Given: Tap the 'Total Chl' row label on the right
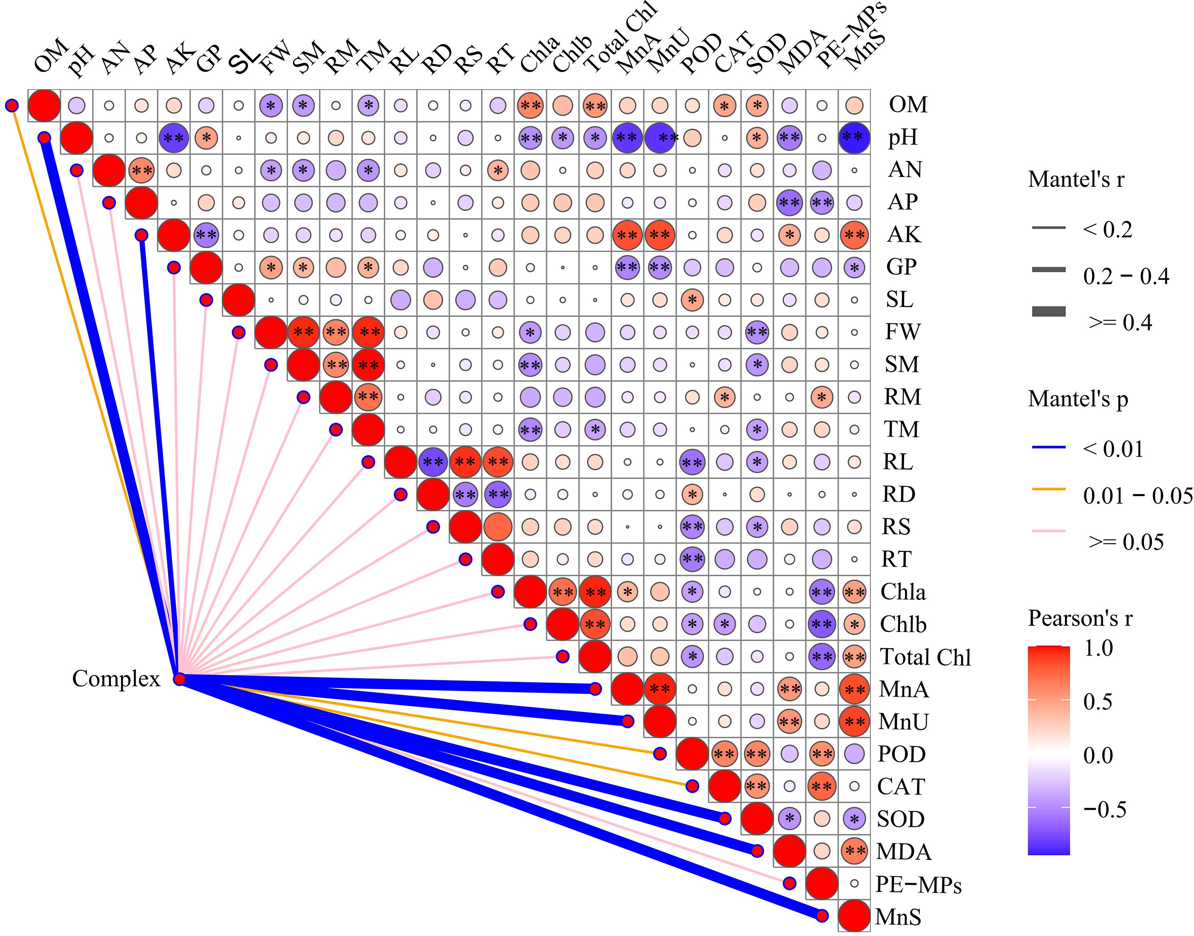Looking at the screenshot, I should point(925,657).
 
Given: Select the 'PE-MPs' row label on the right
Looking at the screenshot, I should point(918,884).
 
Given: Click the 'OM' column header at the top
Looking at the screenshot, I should point(50,56).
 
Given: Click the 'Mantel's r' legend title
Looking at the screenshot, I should point(1075,179).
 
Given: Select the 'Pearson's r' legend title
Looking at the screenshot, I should point(1079,618).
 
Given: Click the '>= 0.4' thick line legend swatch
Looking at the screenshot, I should point(1049,312).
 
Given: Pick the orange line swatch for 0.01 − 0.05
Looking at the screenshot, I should point(1049,489).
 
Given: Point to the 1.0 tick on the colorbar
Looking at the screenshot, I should point(1098,648).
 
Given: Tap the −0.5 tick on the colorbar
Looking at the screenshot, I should point(1104,809).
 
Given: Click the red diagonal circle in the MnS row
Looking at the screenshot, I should point(854,916).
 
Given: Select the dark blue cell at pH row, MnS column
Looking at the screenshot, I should point(854,138).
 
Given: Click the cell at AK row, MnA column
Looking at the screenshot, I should point(627,235).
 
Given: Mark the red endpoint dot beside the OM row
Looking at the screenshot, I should point(11,105).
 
